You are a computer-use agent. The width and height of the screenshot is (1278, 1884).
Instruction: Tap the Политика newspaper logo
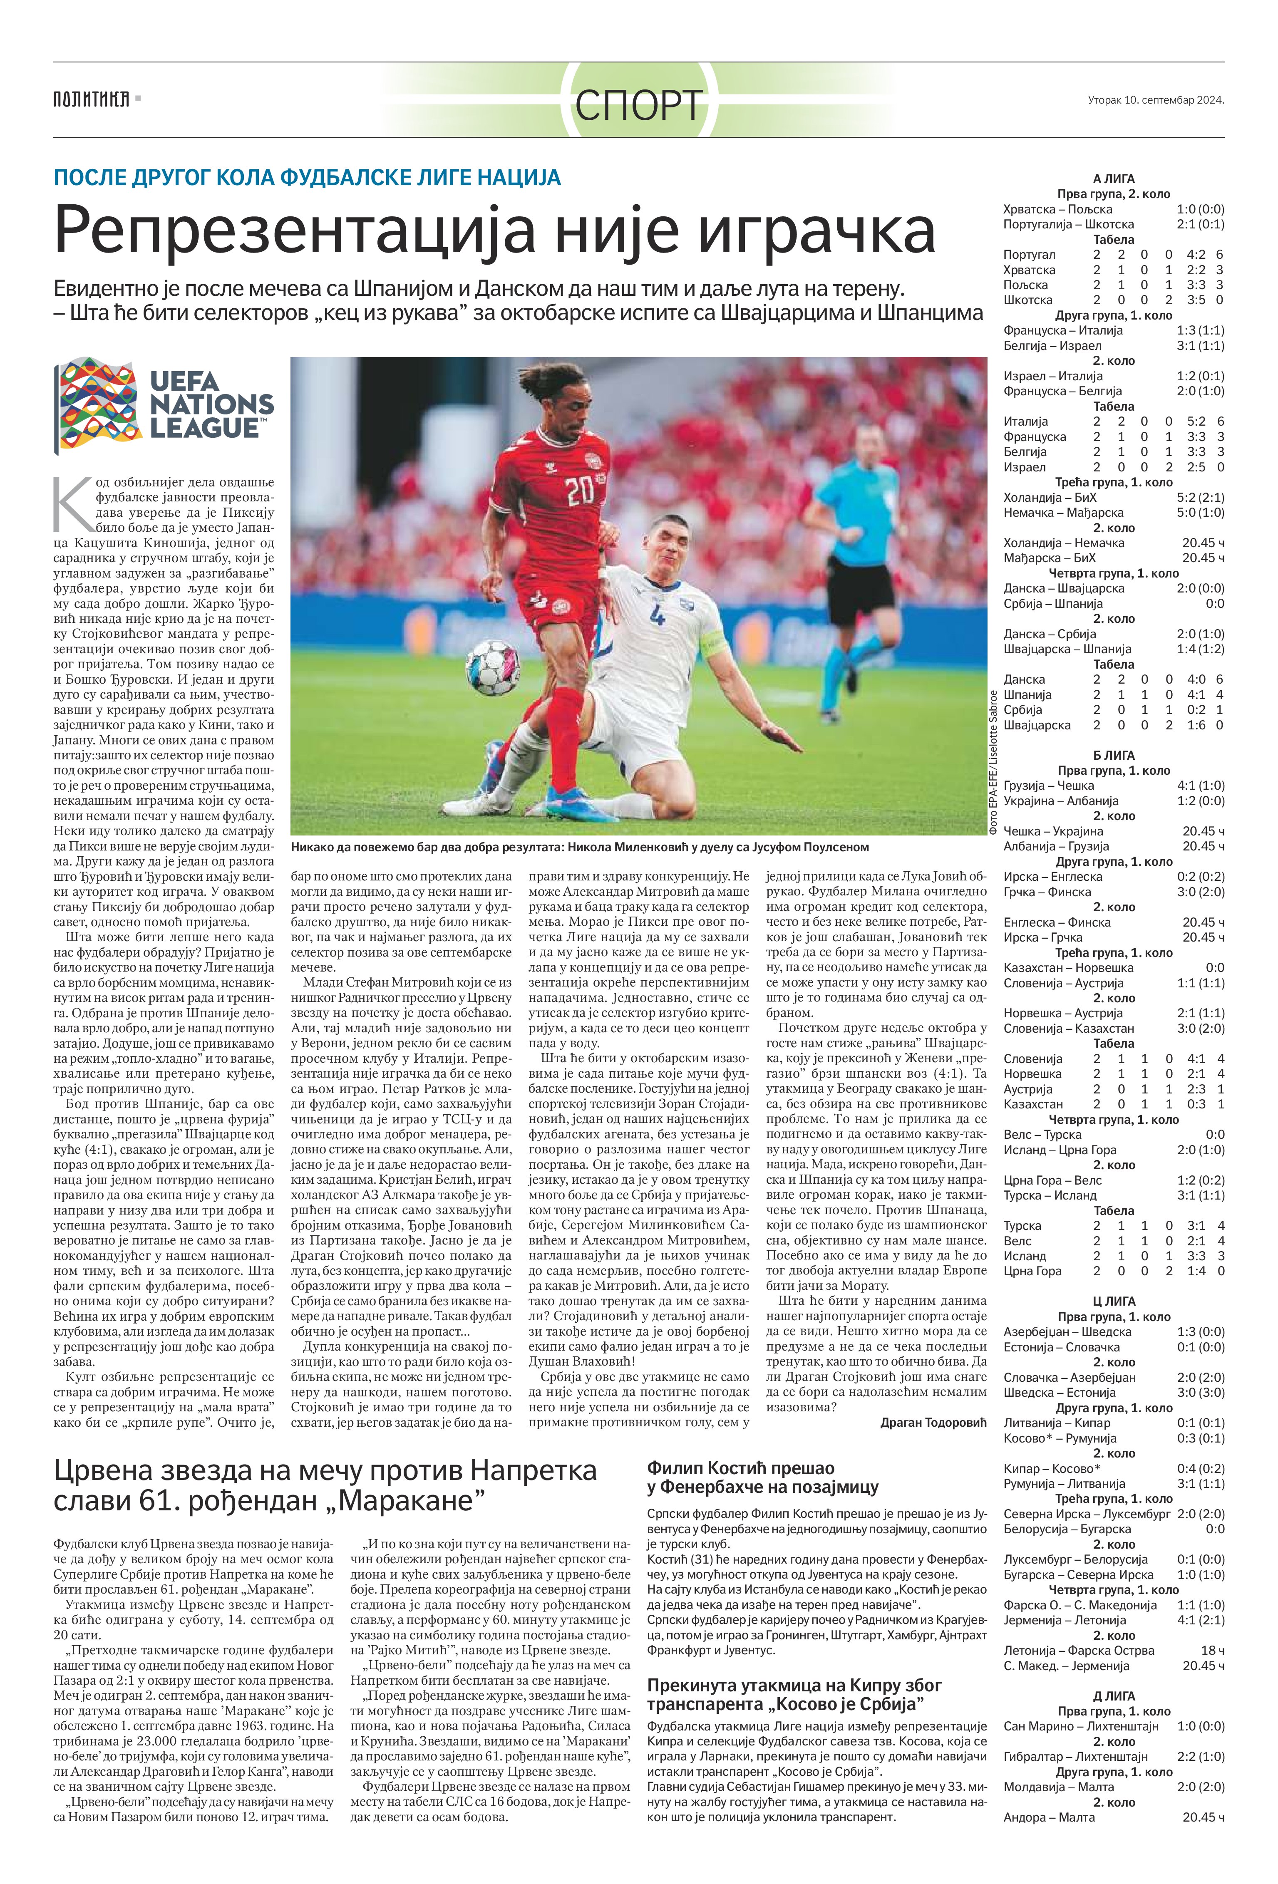tap(92, 100)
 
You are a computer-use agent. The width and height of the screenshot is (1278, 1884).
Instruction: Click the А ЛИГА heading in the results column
tap(1113, 178)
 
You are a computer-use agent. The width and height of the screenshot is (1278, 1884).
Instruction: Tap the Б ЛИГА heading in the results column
tap(1113, 755)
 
